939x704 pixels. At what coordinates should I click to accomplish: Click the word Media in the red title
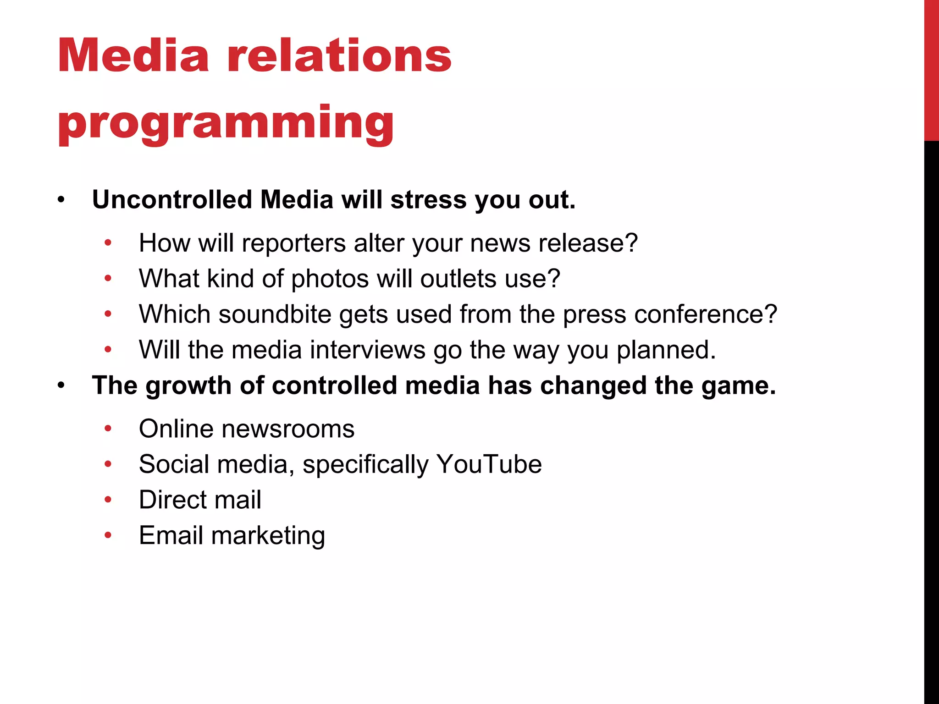coord(133,56)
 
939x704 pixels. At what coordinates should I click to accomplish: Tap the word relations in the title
coord(339,56)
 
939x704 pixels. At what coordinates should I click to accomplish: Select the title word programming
coord(226,123)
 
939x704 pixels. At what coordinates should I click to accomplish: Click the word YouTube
coord(489,464)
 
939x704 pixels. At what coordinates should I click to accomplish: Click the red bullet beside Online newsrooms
coord(108,429)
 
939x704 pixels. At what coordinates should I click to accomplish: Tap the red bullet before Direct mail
coord(108,500)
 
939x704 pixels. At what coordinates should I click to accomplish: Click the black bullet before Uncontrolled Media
coord(61,200)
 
